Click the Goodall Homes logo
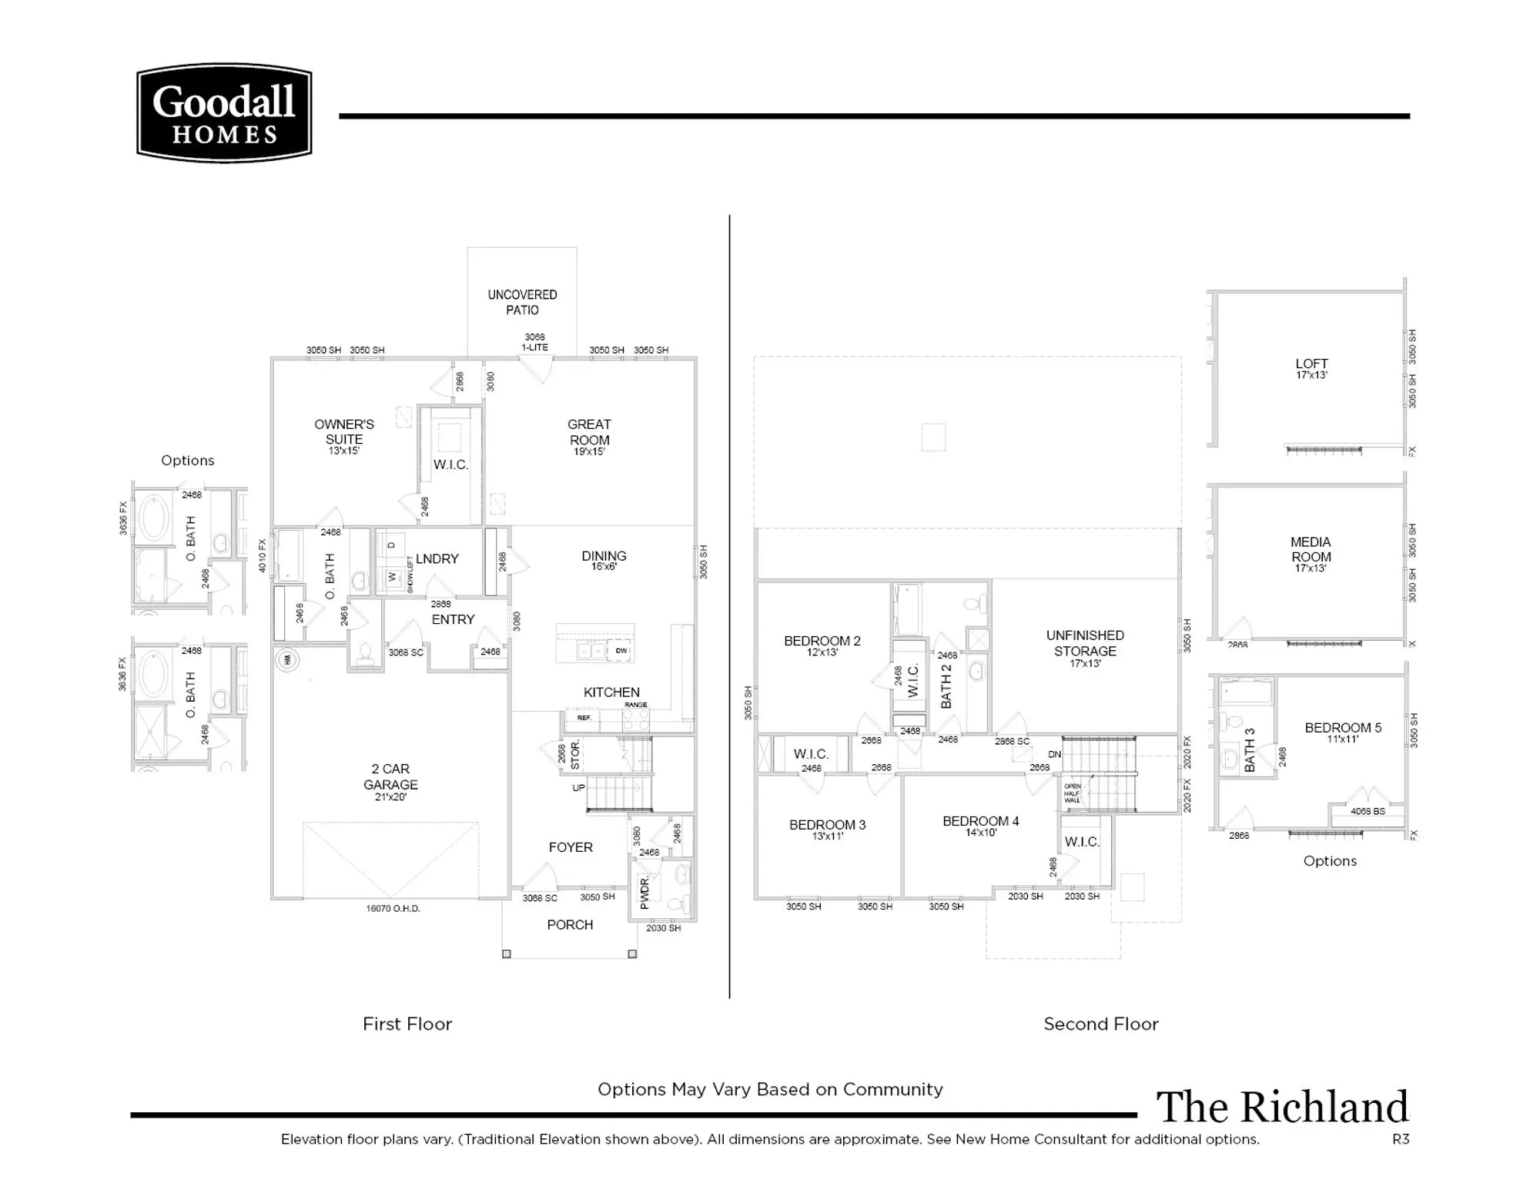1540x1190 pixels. tap(224, 113)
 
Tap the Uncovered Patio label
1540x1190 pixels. tap(522, 303)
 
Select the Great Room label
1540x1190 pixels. tap(589, 433)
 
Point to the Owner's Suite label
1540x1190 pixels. tap(344, 432)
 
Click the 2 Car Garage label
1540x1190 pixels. tap(390, 777)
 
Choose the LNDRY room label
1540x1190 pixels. tap(437, 559)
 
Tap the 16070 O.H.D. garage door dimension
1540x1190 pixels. tap(393, 909)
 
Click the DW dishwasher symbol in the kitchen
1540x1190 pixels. tap(621, 651)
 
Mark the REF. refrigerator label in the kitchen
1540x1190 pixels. tap(584, 718)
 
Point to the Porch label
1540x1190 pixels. tap(570, 925)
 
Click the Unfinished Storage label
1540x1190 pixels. tap(1085, 644)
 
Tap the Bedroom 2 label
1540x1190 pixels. tap(822, 642)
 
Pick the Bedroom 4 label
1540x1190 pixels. tap(980, 822)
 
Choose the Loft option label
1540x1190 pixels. tap(1311, 364)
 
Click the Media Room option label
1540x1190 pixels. tap(1311, 550)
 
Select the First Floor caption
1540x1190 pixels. tap(407, 1024)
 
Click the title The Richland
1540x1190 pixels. tap(1282, 1108)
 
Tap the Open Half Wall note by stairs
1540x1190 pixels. tap(1073, 793)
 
